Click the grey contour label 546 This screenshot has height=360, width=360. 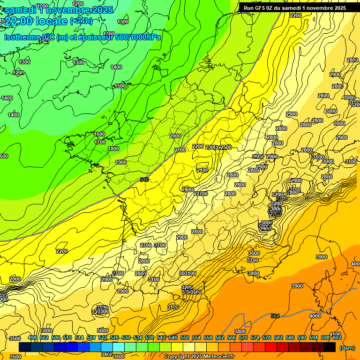[144, 180]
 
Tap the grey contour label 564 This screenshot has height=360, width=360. [276, 316]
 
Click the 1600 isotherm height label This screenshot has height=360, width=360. [99, 134]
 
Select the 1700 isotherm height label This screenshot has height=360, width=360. [100, 142]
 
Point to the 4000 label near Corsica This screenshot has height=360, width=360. [315, 316]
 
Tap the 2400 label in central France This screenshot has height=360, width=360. [187, 189]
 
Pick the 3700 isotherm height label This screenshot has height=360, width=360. [253, 260]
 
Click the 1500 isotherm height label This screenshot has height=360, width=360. [120, 86]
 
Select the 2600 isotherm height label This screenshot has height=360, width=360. [257, 157]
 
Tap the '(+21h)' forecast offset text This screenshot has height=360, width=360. [81, 21]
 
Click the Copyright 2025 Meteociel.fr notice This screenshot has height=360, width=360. [199, 356]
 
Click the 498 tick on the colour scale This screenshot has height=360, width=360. [32, 337]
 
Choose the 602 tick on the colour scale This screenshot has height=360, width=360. [337, 337]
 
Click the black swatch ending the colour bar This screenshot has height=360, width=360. [329, 347]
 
